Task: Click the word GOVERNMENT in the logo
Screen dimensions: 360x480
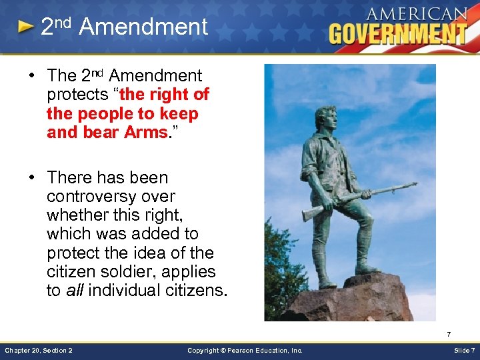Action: [x=398, y=33]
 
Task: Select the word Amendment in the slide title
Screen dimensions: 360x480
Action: [x=143, y=27]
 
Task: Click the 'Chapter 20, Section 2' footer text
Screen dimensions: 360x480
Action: [x=39, y=350]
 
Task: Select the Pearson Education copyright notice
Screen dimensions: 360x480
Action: [x=245, y=350]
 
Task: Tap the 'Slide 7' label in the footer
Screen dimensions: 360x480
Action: [x=464, y=350]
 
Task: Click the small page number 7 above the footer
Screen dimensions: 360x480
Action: [x=449, y=334]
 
